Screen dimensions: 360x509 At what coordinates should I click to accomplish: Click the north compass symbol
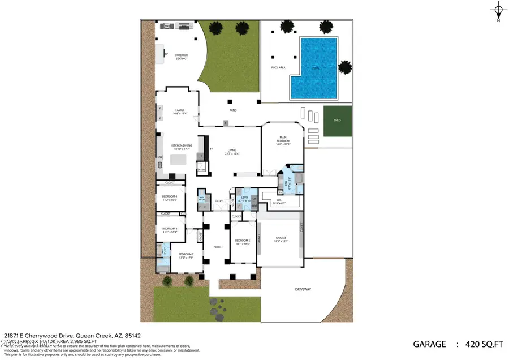(x=498, y=10)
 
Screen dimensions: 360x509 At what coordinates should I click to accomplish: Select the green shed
(x=337, y=120)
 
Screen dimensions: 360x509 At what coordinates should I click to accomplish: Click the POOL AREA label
(x=278, y=67)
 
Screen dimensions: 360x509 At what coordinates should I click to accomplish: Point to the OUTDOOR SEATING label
(x=181, y=57)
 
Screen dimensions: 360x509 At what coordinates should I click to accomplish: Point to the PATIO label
(x=232, y=110)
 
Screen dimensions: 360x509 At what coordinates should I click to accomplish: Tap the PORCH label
(x=218, y=247)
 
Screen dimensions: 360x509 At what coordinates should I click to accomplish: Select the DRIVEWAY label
(x=303, y=289)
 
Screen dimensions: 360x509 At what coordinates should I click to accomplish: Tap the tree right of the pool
(x=345, y=68)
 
